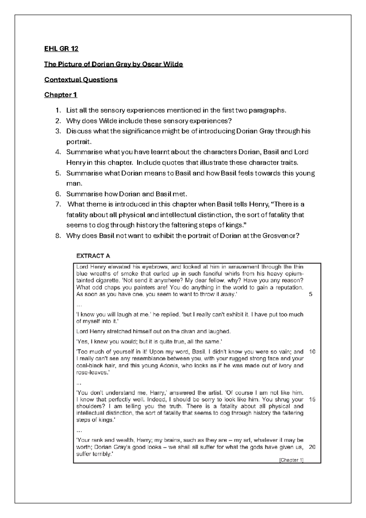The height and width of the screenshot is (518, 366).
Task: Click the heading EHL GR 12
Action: tap(61, 49)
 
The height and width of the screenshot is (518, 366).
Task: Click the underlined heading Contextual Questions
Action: tap(81, 80)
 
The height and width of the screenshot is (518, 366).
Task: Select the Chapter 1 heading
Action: tap(61, 95)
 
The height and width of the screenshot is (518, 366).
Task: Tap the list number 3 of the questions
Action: tap(58, 131)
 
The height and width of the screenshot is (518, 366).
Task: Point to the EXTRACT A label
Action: tap(93, 256)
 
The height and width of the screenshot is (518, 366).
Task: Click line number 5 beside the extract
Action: tap(311, 295)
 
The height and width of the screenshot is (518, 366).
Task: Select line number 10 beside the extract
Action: tap(312, 352)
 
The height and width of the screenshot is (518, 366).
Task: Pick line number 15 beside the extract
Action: tap(312, 399)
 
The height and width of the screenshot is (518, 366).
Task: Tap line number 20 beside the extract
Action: tap(312, 447)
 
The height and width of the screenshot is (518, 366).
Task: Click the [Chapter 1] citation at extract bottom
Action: tap(291, 460)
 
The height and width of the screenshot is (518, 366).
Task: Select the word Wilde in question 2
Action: tap(107, 121)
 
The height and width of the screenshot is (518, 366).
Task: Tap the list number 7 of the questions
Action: tap(58, 204)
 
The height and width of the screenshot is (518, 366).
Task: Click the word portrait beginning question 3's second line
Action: tap(78, 142)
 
